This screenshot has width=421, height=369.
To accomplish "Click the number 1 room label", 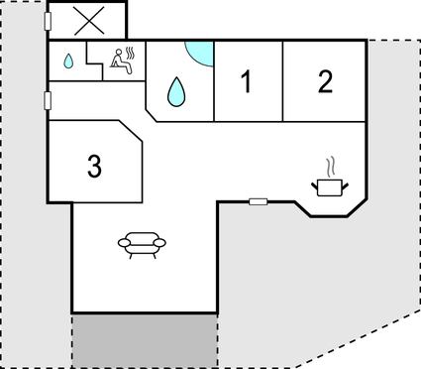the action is pos(247,83).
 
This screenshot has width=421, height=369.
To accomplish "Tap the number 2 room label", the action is pos(325,83).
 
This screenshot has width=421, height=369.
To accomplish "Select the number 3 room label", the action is pos(94,166).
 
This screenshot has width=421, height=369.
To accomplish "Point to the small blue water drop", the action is pos(68,61).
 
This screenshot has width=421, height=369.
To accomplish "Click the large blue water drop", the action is pos(176,92).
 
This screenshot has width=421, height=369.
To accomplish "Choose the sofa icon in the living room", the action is pos(140,242).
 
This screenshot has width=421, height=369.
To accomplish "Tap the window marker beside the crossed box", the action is pos(49,21).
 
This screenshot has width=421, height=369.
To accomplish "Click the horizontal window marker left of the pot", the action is pos(258,202).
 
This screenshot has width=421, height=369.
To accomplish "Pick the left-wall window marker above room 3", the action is pos(48,99).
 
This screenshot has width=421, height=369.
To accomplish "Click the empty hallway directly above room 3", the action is pos(94,101).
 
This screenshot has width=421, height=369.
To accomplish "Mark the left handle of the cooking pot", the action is pos(315,183).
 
